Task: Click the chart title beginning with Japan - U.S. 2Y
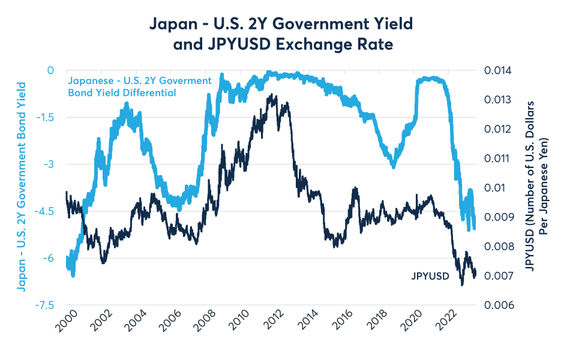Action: pos(282,35)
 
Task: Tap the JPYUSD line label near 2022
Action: pos(430,277)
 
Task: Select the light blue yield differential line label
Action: pos(139,86)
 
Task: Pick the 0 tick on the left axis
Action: pos(50,70)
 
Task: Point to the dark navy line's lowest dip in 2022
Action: pos(462,284)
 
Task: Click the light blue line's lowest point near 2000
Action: pos(73,275)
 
